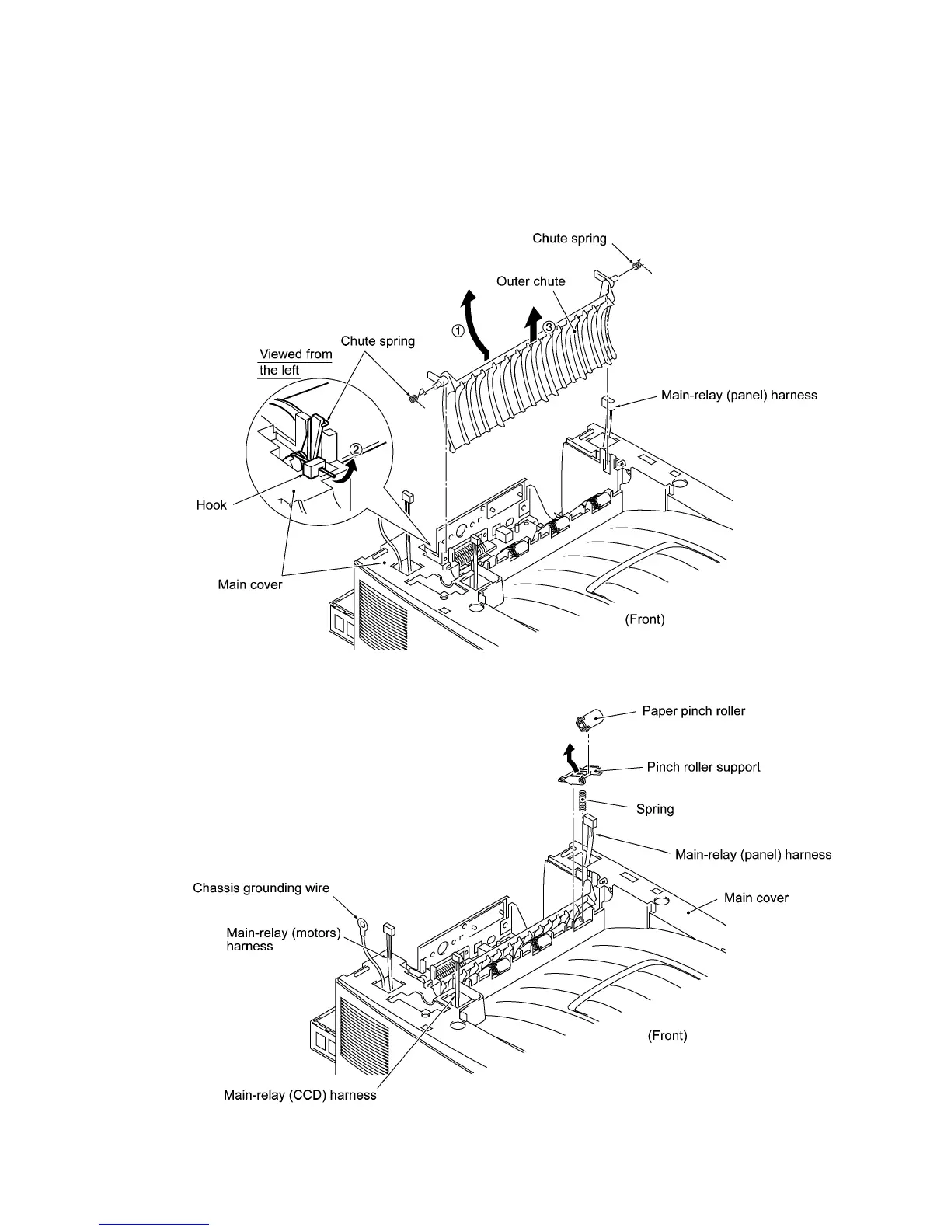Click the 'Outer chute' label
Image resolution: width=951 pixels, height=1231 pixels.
[x=531, y=281]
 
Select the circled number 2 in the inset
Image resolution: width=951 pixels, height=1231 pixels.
[x=355, y=449]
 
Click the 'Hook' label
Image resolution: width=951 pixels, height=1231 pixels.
[x=211, y=505]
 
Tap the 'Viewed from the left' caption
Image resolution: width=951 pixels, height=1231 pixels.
[x=295, y=362]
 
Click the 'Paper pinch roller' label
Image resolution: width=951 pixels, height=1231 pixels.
[x=693, y=711]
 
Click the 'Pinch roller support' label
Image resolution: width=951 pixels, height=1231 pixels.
[x=703, y=767]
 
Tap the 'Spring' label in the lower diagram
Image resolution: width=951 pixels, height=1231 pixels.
[x=655, y=809]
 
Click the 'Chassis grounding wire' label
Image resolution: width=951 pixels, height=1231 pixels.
[x=261, y=888]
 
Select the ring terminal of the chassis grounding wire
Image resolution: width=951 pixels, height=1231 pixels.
[x=362, y=924]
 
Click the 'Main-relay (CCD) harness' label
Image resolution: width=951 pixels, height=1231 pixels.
[x=300, y=1095]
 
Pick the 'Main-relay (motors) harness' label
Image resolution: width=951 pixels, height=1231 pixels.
[x=284, y=939]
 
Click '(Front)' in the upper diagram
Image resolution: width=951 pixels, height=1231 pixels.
[x=645, y=619]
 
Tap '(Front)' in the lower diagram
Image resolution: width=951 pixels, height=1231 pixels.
[x=667, y=1036]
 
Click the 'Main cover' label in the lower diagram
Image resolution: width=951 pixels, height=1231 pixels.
[x=756, y=898]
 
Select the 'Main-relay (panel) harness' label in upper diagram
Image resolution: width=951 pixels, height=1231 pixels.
[x=739, y=395]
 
